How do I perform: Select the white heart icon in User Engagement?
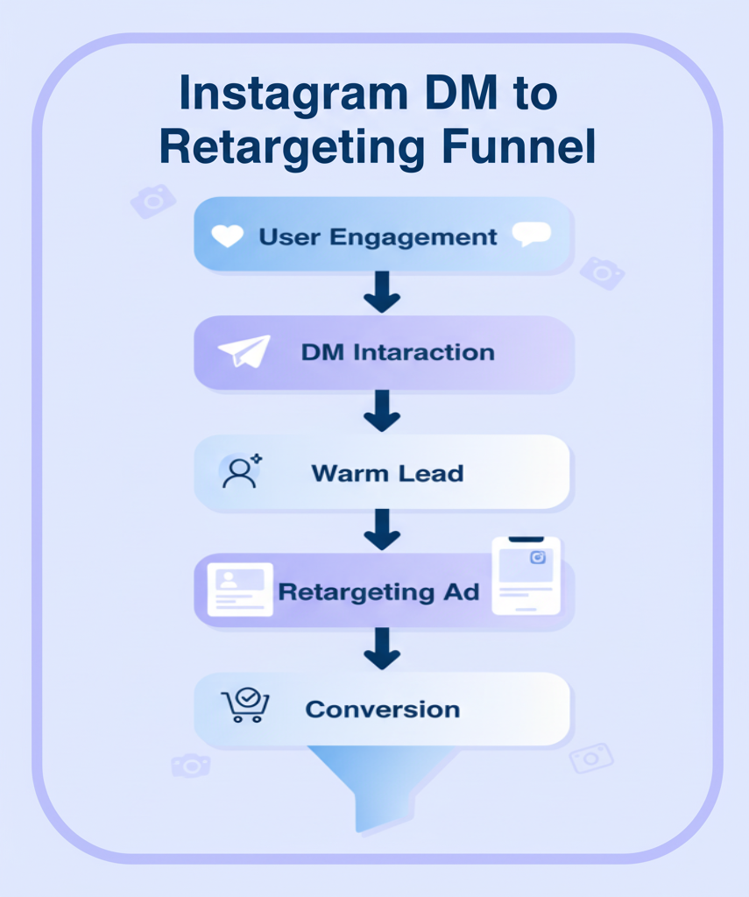coord(228,236)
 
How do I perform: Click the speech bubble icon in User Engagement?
coord(531,234)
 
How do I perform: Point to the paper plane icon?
coord(244,351)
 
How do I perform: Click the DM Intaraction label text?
coord(398,353)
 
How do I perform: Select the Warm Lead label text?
coord(387,473)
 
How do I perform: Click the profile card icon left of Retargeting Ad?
coord(239,589)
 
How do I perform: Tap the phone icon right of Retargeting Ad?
coord(526,576)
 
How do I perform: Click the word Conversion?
coord(382,709)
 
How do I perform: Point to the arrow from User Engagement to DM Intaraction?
coord(381,293)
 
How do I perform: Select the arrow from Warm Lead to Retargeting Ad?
coord(381,529)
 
